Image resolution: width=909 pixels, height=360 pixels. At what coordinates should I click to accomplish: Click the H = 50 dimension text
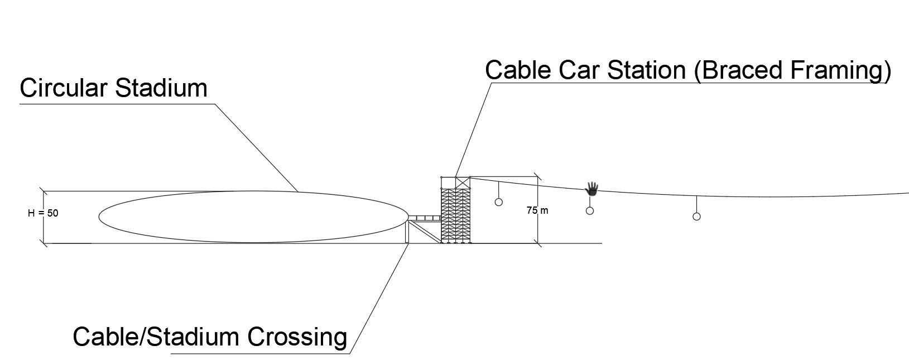coord(43,213)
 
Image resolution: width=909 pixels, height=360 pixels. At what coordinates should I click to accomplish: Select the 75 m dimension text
coord(537,210)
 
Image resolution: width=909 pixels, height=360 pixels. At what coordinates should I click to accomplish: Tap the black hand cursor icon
coord(592,189)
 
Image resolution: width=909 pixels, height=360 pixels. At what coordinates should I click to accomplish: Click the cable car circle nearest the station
coord(499,201)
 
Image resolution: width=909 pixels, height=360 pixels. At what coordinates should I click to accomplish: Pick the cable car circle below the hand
coord(590,210)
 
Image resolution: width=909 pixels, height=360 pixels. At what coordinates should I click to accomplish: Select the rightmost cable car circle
coord(696,217)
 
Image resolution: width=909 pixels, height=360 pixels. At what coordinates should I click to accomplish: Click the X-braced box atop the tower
coord(462,182)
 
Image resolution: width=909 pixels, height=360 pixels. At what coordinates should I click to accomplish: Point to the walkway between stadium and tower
coord(425,218)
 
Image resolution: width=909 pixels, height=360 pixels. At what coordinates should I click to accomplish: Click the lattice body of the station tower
coord(456,215)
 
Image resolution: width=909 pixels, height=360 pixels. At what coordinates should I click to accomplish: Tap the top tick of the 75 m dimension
coord(538,177)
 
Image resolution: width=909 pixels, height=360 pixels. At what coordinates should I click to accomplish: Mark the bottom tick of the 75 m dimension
coord(538,243)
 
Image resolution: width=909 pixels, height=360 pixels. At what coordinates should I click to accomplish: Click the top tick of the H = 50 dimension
coord(44,191)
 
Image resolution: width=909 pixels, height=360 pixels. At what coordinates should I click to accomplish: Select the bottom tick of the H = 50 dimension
coord(44,243)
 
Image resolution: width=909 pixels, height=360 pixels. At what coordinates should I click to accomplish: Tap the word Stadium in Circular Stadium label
coord(161,88)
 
